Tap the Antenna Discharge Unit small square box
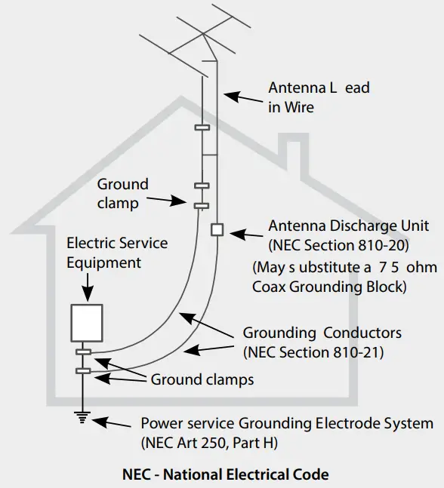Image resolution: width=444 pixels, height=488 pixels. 217,229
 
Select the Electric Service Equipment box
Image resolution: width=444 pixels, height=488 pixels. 85,322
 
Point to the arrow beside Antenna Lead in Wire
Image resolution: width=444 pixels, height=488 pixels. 242,97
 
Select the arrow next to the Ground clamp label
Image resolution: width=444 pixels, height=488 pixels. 170,199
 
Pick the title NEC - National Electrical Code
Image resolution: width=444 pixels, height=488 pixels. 226,475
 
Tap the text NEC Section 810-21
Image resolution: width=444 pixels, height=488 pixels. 312,351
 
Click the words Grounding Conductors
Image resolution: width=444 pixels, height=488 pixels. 322,333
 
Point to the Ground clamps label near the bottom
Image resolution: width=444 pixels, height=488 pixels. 202,380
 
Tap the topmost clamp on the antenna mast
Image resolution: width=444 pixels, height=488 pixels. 202,128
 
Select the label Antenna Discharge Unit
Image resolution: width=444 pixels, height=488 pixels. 349,226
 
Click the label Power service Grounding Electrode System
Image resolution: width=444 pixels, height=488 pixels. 287,424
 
